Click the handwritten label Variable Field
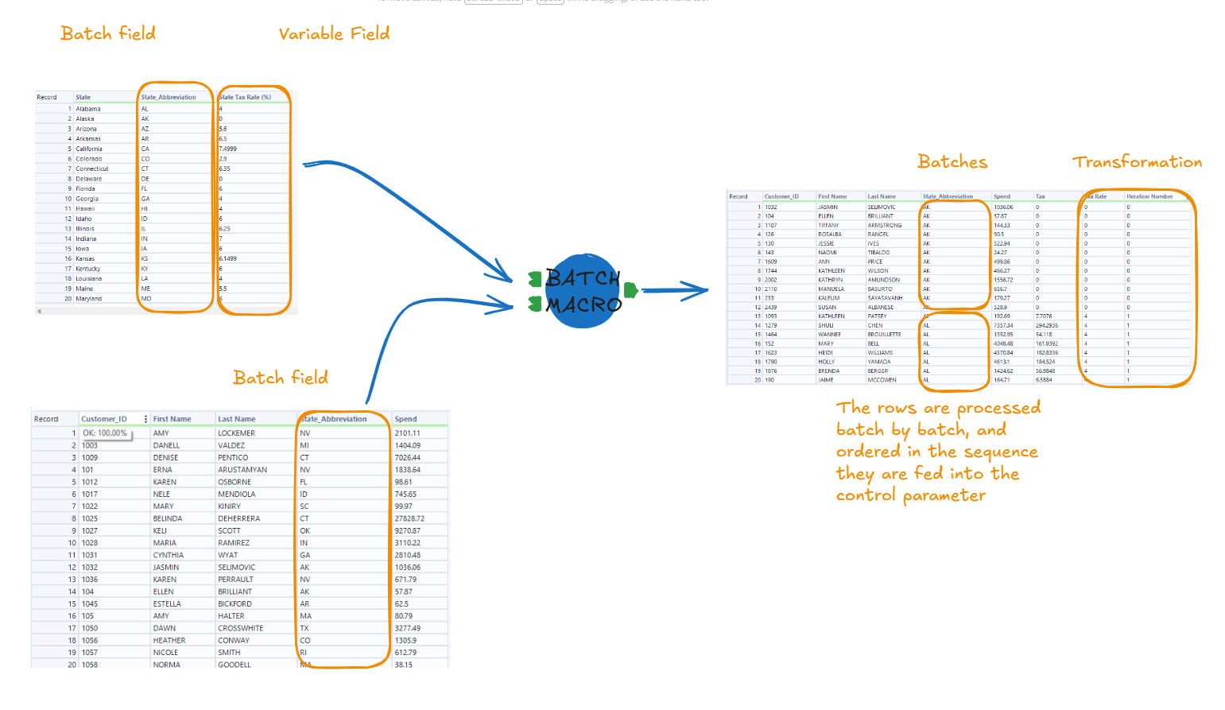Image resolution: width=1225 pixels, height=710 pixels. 334,33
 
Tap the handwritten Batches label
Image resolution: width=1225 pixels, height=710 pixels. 952,162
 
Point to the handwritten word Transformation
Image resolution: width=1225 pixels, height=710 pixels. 1137,162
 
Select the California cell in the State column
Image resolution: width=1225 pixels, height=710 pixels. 89,149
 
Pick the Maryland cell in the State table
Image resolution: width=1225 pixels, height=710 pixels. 89,299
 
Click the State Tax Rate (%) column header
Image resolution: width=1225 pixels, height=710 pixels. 246,97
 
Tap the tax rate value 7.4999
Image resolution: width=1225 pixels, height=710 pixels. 228,149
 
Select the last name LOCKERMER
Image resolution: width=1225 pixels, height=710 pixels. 237,433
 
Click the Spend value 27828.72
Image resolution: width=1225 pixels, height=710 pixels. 409,518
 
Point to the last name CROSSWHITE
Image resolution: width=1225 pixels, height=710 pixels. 241,628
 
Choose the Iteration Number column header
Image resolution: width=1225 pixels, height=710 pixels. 1149,196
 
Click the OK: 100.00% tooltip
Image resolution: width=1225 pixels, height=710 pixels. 105,433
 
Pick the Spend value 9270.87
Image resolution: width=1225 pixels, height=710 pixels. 408,530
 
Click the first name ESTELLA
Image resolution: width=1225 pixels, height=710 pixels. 167,603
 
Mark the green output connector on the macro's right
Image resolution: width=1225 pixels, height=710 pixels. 630,290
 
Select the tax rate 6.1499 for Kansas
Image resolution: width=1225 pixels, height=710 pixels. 228,258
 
